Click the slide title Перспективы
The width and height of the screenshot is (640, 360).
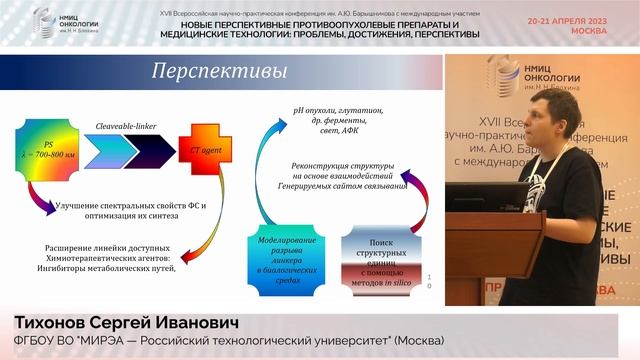pyautogui.click(x=218, y=72)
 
